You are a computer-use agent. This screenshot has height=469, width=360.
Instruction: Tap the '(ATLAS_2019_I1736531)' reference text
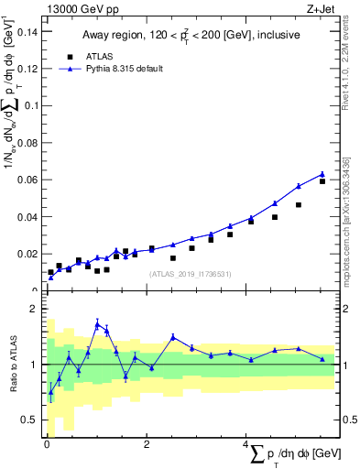click(x=190, y=273)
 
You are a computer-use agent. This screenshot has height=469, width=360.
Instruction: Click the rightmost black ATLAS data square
click(x=322, y=181)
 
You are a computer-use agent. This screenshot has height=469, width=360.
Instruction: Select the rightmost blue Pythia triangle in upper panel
click(x=322, y=174)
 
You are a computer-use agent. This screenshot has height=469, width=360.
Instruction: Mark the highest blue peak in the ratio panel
click(x=97, y=323)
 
